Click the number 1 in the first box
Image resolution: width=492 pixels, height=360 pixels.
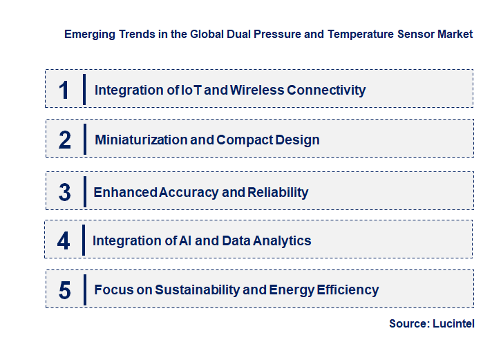pos(64,90)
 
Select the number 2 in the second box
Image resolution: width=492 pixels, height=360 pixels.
pos(64,140)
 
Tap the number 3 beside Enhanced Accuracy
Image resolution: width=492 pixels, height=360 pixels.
pos(64,192)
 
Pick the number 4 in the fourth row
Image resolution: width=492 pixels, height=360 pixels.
pos(64,240)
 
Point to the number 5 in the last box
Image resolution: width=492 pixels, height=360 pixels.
pos(64,290)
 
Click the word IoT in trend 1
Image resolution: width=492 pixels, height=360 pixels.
pos(171,90)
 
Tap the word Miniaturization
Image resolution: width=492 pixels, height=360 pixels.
pos(140,140)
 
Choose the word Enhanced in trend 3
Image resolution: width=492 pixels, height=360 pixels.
pos(125,192)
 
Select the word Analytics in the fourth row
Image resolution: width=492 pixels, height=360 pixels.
pos(281,240)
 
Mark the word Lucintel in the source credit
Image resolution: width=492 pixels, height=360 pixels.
pos(453,323)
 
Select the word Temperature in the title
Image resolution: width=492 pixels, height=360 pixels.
pos(340,34)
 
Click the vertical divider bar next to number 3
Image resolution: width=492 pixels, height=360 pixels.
pos(84,191)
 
